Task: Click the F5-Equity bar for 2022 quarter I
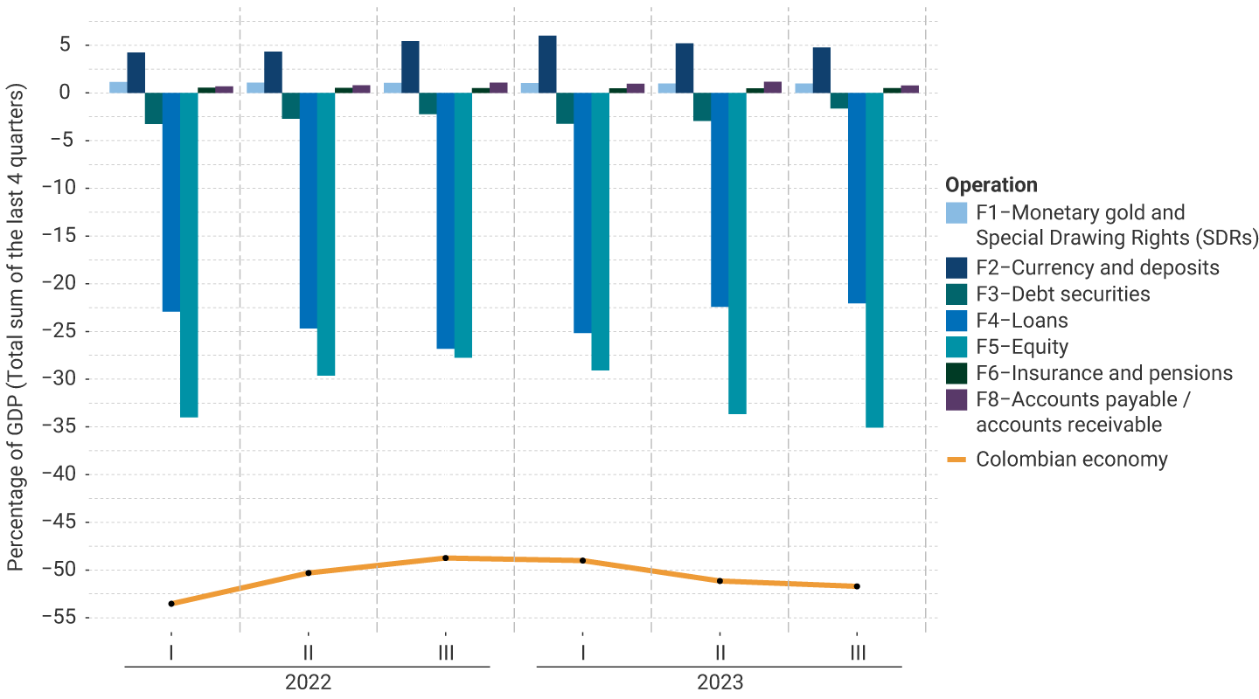189,254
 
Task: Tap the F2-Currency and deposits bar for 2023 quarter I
547,64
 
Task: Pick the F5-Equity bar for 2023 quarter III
874,260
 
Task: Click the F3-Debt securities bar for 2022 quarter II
290,106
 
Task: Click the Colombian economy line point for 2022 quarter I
171,604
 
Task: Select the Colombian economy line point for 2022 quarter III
445,557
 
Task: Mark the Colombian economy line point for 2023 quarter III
857,586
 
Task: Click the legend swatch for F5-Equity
957,347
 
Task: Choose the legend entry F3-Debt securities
1062,294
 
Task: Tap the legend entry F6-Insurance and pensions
1103,373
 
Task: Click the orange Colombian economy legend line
957,460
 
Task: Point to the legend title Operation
991,185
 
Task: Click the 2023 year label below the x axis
720,682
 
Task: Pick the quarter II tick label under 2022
308,653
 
